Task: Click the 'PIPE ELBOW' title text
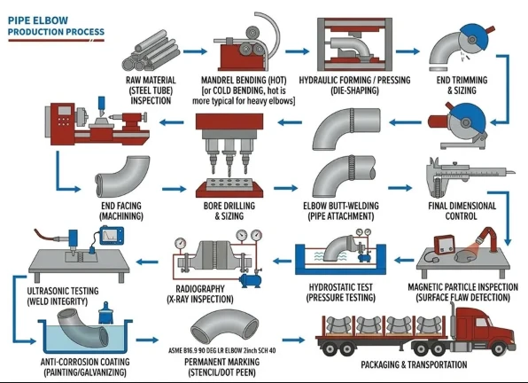click(x=38, y=20)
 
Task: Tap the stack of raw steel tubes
click(x=150, y=51)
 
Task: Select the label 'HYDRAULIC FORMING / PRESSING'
click(x=354, y=80)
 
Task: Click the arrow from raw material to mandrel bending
click(x=195, y=51)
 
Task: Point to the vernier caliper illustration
click(x=466, y=176)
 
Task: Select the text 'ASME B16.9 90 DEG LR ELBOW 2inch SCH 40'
click(x=221, y=351)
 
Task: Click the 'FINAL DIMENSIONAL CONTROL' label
click(x=462, y=211)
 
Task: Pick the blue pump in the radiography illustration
click(x=250, y=279)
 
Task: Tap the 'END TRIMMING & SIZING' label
click(x=462, y=85)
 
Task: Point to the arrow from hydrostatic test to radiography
click(x=283, y=261)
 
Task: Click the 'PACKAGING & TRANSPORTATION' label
click(x=414, y=364)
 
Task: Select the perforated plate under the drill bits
click(x=229, y=184)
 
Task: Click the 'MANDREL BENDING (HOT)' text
click(x=244, y=80)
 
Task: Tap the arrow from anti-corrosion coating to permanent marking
click(x=147, y=340)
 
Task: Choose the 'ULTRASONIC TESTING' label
click(x=63, y=291)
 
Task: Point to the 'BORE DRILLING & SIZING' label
click(x=229, y=211)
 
